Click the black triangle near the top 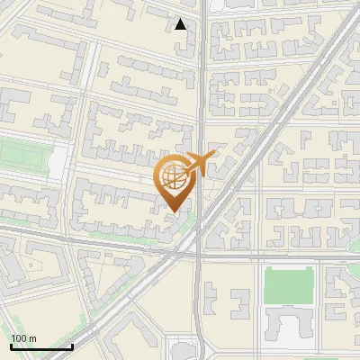[181, 24]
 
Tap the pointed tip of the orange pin [175, 211]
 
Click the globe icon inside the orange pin [174, 177]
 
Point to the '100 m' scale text [24, 337]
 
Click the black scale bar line [40, 346]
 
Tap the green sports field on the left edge [22, 154]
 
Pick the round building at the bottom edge [184, 350]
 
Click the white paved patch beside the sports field [57, 162]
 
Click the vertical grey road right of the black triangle [202, 54]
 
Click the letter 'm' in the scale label [34, 337]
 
